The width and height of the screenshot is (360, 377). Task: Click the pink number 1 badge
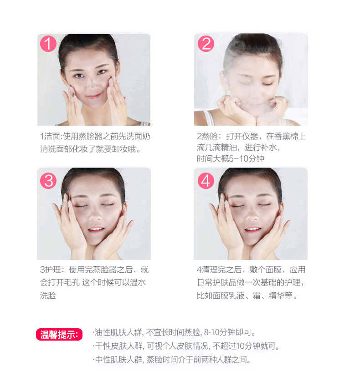point(48,44)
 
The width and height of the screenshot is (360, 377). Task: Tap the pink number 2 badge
point(206,44)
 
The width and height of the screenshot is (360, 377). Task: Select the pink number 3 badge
point(48,181)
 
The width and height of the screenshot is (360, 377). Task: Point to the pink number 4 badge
point(206,181)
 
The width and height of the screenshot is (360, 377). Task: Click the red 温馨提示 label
point(59,335)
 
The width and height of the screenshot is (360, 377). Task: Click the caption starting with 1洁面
point(95,143)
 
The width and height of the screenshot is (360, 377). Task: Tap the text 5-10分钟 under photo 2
point(247,159)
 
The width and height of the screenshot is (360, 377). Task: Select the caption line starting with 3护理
point(94,270)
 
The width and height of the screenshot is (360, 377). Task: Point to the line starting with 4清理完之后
point(251,270)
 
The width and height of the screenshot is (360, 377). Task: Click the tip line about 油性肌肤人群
point(174,332)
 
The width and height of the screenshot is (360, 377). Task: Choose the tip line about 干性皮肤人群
point(186,346)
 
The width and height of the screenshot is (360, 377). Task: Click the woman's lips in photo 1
point(94,96)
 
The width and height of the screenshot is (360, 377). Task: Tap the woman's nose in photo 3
point(95,215)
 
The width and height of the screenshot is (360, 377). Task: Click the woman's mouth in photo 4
point(252,229)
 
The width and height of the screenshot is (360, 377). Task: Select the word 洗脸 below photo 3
point(48,295)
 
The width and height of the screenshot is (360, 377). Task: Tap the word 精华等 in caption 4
point(280,295)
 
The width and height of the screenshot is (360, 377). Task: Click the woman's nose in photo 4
point(252,215)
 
